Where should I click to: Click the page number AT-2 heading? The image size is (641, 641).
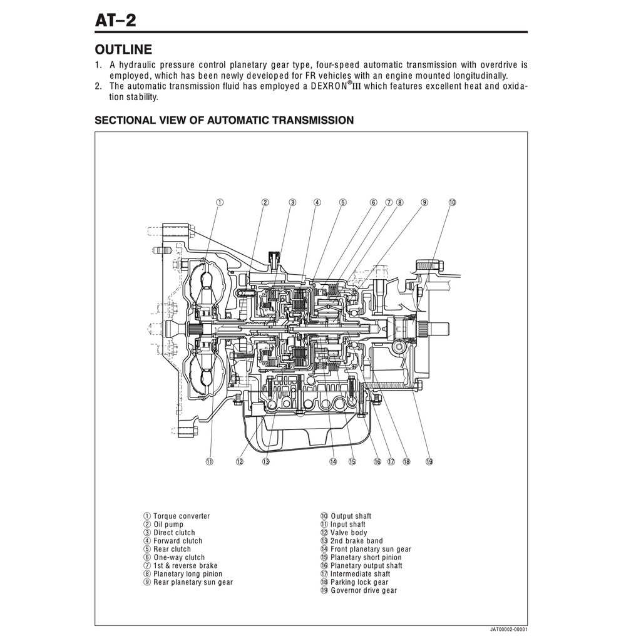click(115, 20)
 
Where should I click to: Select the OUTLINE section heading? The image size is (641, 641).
click(123, 49)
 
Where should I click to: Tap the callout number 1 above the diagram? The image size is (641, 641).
click(220, 202)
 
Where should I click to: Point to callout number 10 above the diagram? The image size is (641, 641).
click(452, 202)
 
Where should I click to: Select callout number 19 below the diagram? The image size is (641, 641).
click(429, 461)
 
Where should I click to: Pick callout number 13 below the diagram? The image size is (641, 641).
click(265, 461)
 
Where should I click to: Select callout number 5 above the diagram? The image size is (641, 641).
click(343, 202)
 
